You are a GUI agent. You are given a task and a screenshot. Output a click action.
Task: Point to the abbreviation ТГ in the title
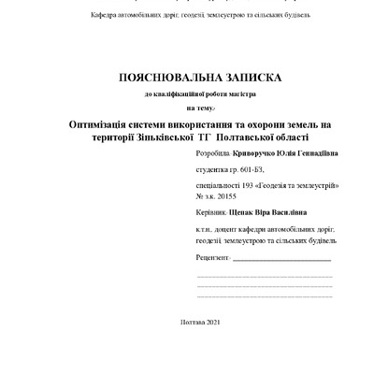coord(200,137)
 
